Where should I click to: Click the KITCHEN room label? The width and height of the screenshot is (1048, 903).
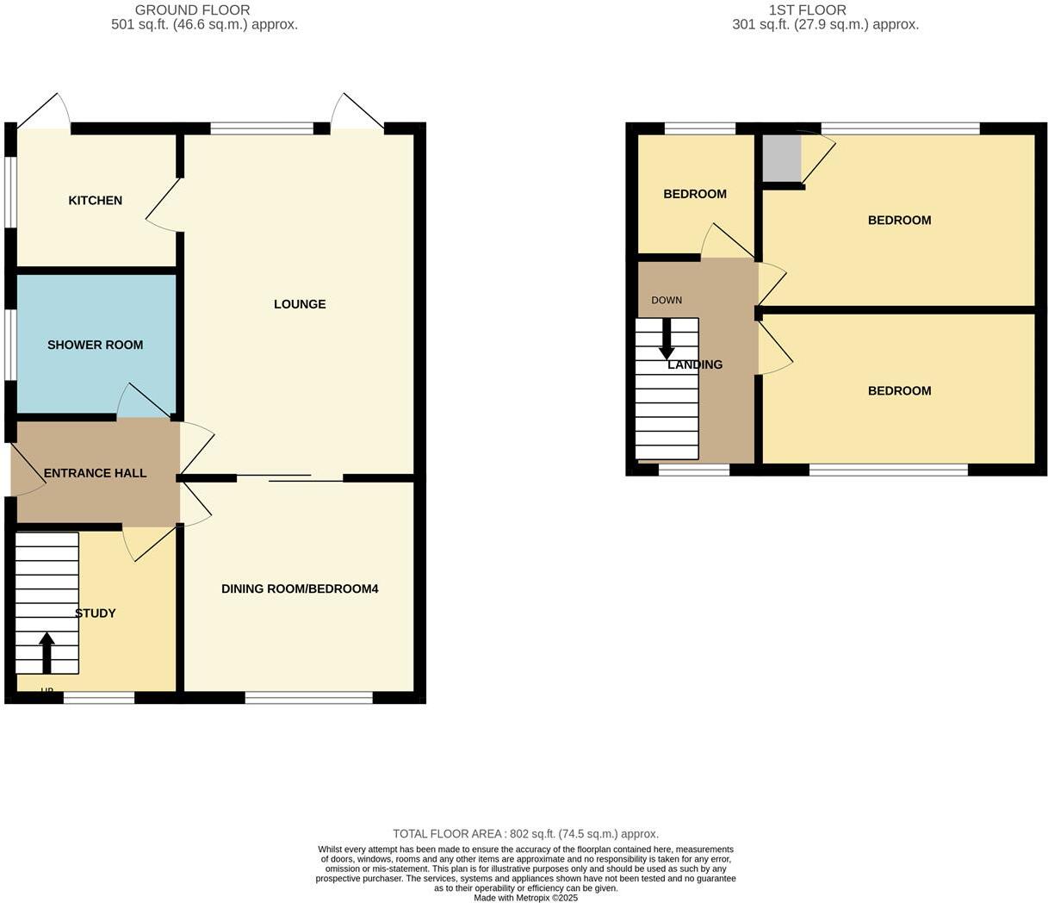pos(95,201)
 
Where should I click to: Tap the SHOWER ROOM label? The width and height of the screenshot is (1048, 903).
pos(95,345)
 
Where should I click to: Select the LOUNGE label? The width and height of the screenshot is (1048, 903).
pos(300,304)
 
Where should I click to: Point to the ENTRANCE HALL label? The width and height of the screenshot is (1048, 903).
pos(95,473)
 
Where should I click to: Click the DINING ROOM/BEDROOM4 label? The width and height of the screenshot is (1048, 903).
pos(300,589)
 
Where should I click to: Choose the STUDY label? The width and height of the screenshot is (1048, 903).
pos(96,613)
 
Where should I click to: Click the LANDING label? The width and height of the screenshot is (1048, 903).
pos(695,364)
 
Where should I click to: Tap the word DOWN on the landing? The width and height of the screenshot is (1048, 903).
pos(667,301)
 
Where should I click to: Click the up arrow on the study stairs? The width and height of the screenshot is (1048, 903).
pos(47,652)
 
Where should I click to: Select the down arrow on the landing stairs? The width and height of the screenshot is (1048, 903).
pos(667,339)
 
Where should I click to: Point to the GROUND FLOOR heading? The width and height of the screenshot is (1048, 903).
pos(192,10)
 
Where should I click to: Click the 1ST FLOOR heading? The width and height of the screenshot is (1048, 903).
pos(807,10)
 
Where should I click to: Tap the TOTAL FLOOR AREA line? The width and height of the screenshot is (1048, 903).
pos(525,834)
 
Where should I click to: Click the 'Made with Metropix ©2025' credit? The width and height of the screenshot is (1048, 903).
pos(525,898)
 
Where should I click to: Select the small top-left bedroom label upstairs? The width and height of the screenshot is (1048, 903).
pos(694,194)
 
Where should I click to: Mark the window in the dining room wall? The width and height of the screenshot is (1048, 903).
pos(308,698)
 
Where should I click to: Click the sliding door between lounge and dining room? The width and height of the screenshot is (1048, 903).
pos(289,477)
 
